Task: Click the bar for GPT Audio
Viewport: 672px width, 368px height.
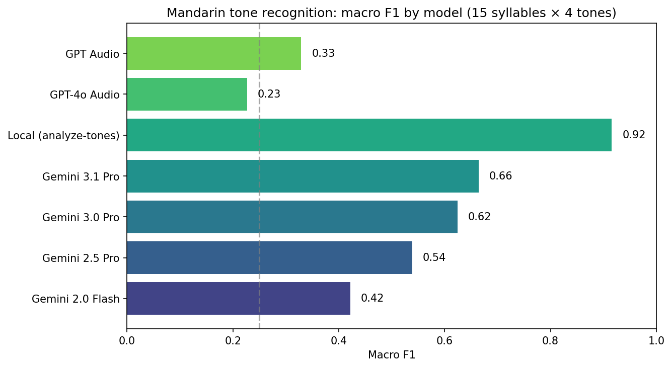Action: (214, 53)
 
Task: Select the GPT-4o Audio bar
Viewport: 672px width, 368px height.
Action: (187, 94)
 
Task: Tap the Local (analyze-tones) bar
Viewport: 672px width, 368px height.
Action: (369, 135)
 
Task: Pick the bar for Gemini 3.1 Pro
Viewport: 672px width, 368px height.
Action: (303, 176)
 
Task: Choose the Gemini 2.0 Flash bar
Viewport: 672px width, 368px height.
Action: (239, 298)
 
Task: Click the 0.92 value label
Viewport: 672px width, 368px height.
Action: (634, 135)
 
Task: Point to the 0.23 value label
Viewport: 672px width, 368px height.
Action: (269, 94)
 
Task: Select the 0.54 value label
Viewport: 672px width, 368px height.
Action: (434, 257)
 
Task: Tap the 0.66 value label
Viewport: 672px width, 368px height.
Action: (500, 176)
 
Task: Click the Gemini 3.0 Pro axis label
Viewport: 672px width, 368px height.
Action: (81, 217)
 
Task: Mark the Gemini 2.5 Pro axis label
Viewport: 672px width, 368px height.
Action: (81, 258)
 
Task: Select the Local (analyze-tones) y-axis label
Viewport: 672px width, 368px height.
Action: (63, 135)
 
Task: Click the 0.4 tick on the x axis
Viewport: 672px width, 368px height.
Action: (339, 340)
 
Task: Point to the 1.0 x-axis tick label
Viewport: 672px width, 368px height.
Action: (656, 340)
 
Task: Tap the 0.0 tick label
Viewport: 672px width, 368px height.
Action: (127, 340)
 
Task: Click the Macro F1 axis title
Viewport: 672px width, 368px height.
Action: (391, 355)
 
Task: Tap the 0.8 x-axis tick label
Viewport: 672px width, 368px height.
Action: (550, 340)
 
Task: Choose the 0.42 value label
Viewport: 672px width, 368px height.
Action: (372, 298)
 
